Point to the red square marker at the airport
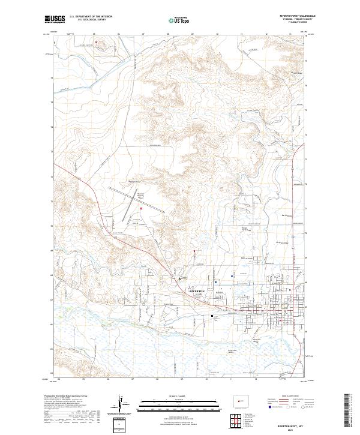pos(141,208)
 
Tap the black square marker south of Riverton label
pos(211,314)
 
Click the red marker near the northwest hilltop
pos(95,43)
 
